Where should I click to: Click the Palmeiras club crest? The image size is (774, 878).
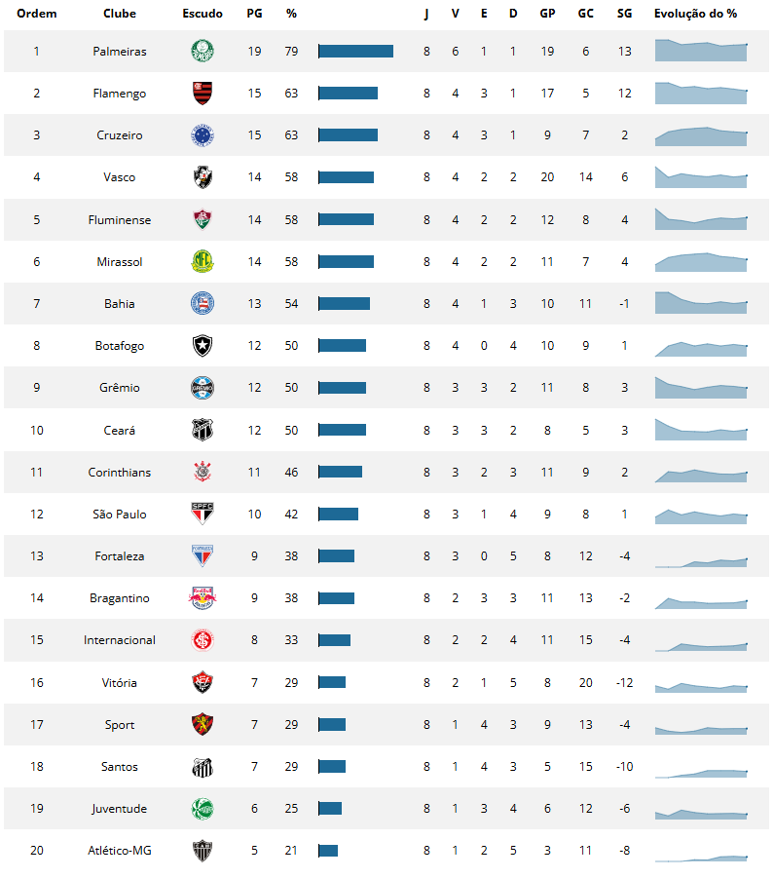click(202, 51)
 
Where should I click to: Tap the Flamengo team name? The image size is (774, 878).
click(120, 94)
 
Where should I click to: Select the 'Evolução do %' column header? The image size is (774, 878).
click(695, 14)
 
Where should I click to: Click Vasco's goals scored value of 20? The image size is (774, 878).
click(547, 177)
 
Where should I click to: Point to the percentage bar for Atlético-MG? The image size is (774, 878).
click(328, 851)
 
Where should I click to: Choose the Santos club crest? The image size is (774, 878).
click(202, 767)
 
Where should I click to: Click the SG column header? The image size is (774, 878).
click(624, 14)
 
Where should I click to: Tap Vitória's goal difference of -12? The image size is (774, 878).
click(624, 683)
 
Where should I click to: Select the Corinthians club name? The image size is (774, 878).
click(120, 473)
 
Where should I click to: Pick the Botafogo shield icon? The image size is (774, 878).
click(202, 346)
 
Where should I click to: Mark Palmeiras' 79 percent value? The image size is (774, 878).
click(291, 51)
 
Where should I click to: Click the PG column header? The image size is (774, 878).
click(254, 14)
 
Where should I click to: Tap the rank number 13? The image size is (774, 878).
click(37, 556)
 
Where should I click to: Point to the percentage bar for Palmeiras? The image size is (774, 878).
click(355, 51)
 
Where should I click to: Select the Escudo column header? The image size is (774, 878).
click(202, 14)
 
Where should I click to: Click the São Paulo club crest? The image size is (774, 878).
click(202, 515)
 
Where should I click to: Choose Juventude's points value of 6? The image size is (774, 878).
click(254, 809)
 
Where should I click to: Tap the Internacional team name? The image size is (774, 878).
click(120, 640)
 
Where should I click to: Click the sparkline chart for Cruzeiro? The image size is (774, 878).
click(701, 136)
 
